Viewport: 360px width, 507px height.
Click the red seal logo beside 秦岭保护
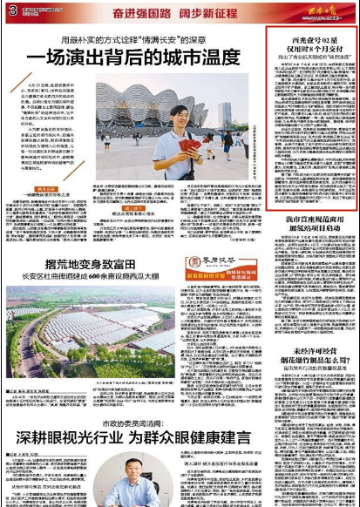click(x=191, y=262)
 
